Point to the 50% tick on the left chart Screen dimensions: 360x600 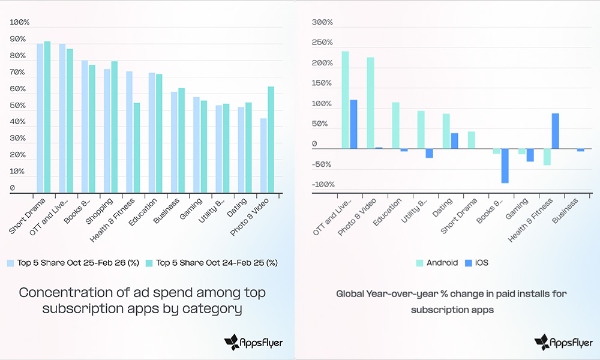click(18, 106)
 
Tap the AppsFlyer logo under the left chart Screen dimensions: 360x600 click(253, 343)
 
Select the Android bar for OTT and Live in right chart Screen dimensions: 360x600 click(345, 100)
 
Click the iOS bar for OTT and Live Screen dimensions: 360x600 click(353, 124)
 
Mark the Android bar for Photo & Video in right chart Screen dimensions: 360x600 click(370, 103)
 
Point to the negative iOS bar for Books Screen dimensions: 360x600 click(505, 166)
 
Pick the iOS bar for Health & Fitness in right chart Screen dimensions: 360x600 click(555, 131)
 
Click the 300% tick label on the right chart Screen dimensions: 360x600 click(323, 23)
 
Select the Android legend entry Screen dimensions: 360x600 click(437, 263)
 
